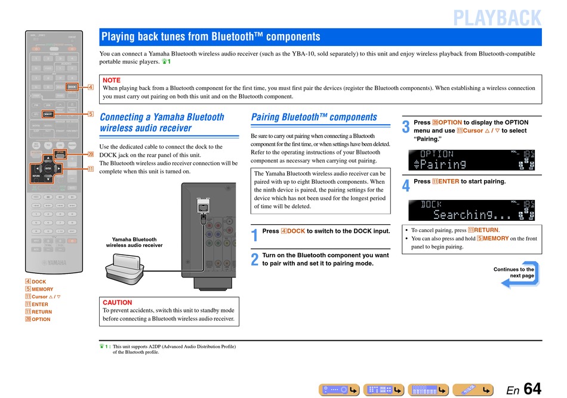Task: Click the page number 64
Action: (x=532, y=389)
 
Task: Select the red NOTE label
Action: (x=112, y=80)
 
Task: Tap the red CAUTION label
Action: (x=118, y=303)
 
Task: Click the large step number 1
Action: (x=254, y=235)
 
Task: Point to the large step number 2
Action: (x=254, y=260)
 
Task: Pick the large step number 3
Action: (x=406, y=127)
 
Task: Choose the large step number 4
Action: (x=406, y=186)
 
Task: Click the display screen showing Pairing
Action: (x=472, y=160)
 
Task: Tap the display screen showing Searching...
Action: (x=472, y=210)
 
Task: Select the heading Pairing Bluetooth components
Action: (x=314, y=117)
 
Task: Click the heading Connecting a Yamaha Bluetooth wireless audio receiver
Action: (x=162, y=122)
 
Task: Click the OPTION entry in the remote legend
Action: (x=41, y=319)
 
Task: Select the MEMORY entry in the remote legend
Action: (x=42, y=289)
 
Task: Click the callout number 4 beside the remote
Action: (x=91, y=87)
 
